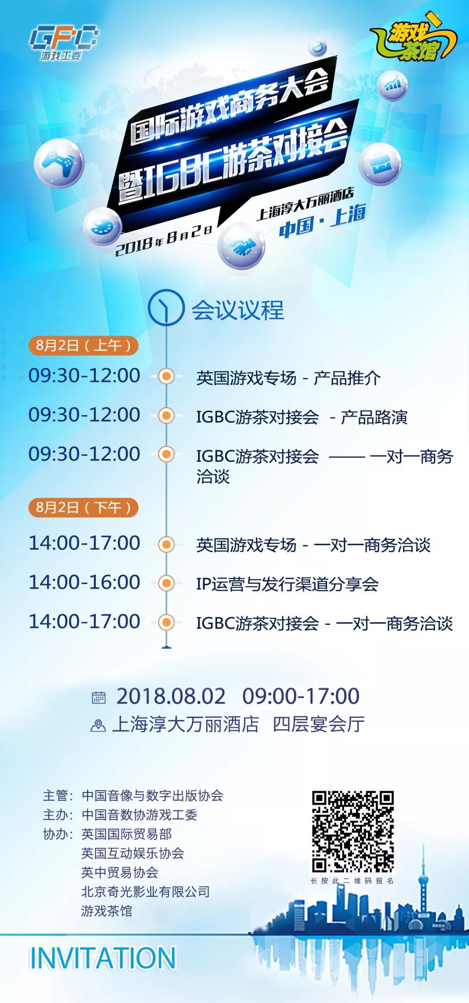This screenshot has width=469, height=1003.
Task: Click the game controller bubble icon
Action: pyautogui.click(x=59, y=162)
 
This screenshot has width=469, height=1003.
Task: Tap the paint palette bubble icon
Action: pyautogui.click(x=102, y=226)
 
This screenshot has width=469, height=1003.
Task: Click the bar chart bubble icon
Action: pyautogui.click(x=392, y=85)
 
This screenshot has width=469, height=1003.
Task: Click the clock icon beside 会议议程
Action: pyautogui.click(x=166, y=307)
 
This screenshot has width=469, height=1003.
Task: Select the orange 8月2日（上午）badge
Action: pyautogui.click(x=83, y=346)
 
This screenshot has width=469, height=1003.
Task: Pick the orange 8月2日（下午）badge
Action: pyautogui.click(x=83, y=507)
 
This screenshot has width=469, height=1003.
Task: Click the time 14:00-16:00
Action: pyautogui.click(x=84, y=582)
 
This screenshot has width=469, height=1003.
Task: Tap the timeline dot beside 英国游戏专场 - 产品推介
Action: pyautogui.click(x=166, y=376)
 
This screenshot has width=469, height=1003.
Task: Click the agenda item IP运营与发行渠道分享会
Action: pyautogui.click(x=287, y=584)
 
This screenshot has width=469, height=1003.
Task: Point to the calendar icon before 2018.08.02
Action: pyautogui.click(x=99, y=697)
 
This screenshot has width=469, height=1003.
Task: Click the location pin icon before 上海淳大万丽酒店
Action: pyautogui.click(x=98, y=725)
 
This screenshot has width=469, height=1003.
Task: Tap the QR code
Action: pyautogui.click(x=353, y=831)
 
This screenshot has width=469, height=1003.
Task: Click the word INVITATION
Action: pyautogui.click(x=102, y=958)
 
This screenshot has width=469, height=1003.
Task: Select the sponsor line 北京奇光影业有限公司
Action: pyautogui.click(x=145, y=892)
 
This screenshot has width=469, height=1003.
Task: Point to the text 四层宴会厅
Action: pyautogui.click(x=319, y=724)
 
